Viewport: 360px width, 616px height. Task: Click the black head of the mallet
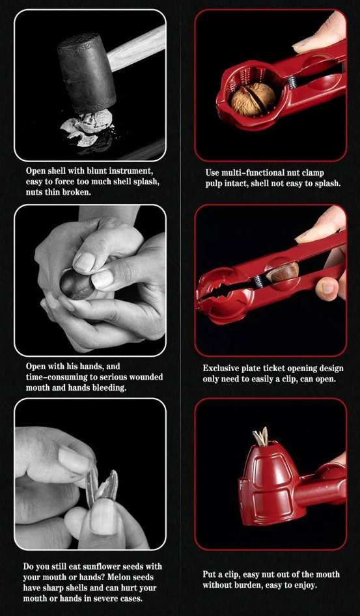tap(87, 73)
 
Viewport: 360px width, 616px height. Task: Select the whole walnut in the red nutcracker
tap(253, 99)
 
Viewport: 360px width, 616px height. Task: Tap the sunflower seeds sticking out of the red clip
tap(260, 437)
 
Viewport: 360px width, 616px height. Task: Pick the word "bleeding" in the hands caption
tap(111, 388)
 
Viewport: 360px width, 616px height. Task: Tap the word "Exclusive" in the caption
tap(220, 369)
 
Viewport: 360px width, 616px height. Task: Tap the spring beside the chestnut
tap(258, 281)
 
